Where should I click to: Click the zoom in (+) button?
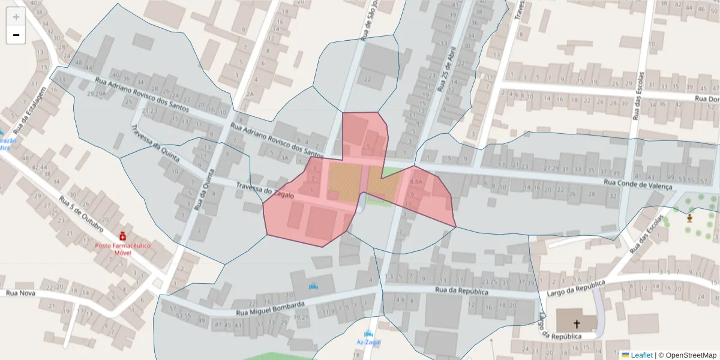(16, 17)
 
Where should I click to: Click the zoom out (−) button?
(16, 35)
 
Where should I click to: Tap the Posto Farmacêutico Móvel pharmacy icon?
(122, 235)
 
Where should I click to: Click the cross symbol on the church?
(577, 323)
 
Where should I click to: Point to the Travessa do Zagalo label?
(265, 191)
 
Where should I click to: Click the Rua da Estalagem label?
(30, 109)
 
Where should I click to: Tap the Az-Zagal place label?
(368, 342)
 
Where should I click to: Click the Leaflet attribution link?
(641, 355)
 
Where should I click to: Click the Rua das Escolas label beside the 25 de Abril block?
(640, 96)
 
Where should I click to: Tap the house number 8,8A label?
(416, 181)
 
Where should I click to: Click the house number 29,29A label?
(96, 94)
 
